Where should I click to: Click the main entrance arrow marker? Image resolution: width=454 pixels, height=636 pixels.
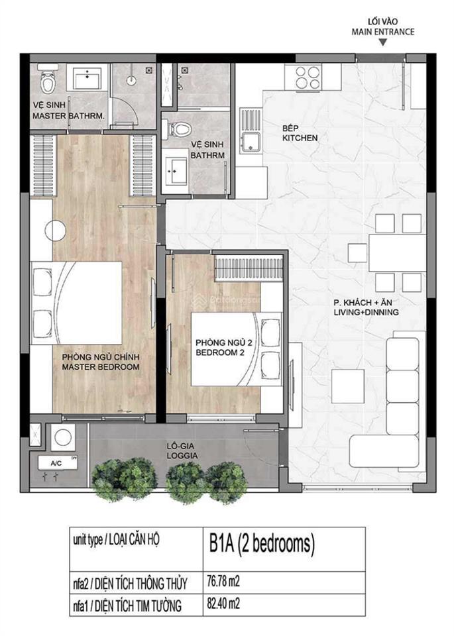tap(383, 44)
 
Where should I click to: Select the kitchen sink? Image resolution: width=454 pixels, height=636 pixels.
tap(252, 142)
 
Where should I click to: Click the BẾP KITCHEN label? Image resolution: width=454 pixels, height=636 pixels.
tap(300, 133)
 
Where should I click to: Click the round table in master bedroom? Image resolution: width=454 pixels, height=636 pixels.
tap(55, 231)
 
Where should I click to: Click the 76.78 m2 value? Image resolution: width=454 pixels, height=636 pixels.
tap(221, 583)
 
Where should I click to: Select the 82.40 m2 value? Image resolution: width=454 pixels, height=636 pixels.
tap(221, 604)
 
